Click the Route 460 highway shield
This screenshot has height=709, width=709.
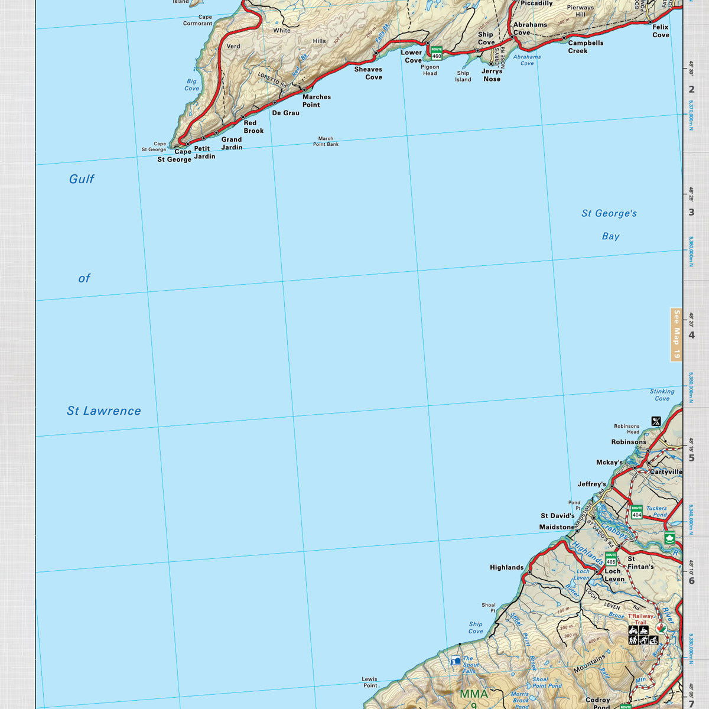pos(437,53)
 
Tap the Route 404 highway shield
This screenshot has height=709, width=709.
pos(636,512)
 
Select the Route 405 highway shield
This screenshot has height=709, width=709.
pos(611,558)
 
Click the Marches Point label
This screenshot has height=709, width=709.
pos(316,101)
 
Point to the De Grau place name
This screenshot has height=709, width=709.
pos(285,113)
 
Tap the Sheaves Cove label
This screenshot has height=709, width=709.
pos(368,73)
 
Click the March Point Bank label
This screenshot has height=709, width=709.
pos(326,141)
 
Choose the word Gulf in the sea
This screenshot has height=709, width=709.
pos(82,179)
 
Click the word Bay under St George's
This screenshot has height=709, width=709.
pos(610,236)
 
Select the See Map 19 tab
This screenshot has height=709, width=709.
pos(677,334)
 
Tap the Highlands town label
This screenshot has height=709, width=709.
pos(506,567)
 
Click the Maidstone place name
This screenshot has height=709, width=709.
pos(556,527)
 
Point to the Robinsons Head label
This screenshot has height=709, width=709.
pos(626,429)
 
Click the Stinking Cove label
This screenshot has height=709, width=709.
pos(662,395)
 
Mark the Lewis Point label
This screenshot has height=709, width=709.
pos(370,682)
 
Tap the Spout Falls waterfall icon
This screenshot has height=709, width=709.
pos(456,661)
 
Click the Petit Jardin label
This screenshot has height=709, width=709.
pos(204,152)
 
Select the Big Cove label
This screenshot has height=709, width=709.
pos(191,85)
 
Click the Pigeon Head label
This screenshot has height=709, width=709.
pos(430,70)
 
